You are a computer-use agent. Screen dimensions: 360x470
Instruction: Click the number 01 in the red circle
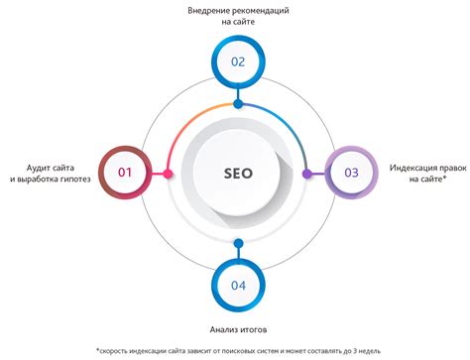125,173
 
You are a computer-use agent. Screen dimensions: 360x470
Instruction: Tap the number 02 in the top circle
238,60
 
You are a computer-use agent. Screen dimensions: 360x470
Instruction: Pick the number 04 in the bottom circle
238,285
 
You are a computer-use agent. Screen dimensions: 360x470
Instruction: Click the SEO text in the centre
238,173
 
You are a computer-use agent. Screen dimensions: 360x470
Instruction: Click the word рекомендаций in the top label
264,11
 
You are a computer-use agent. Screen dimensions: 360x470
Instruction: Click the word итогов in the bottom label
258,329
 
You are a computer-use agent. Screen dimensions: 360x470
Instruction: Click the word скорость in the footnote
120,350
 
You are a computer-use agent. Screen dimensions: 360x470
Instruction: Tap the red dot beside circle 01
169,174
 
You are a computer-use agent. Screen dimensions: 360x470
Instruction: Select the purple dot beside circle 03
307,174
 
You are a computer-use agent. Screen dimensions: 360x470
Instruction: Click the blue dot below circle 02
238,103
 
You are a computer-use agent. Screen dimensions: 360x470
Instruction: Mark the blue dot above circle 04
238,243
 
